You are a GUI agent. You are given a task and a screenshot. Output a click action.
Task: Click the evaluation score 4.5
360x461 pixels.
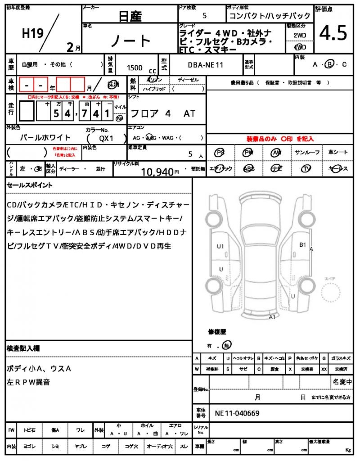coord(333,33)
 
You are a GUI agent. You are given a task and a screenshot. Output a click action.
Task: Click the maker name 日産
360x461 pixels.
coord(130,17)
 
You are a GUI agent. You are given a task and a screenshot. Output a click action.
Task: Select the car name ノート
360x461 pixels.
coord(131,41)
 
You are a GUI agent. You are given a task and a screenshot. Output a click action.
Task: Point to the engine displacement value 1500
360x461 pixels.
coord(135,68)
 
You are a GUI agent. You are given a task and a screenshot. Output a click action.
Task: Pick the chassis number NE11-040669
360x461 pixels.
coord(237,413)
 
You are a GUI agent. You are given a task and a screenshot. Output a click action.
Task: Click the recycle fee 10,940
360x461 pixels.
coord(157,171)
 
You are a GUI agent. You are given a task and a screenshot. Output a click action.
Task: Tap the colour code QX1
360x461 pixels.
coord(107,139)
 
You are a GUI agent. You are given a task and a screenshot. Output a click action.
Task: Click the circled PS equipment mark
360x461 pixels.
coord(220,153)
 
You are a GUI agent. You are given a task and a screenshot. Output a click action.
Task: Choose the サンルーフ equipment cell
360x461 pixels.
coord(307,153)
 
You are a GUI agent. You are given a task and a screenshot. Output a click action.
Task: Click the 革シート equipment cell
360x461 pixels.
coord(337,153)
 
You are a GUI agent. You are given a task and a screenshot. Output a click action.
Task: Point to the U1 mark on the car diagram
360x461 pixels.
coord(220,246)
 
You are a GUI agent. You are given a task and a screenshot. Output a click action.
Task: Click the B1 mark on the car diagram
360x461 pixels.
coord(303,244)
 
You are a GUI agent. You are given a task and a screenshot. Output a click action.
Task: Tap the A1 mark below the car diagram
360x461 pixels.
coord(272,317)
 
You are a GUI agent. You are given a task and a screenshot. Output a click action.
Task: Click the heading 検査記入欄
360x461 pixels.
coord(23,348)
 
